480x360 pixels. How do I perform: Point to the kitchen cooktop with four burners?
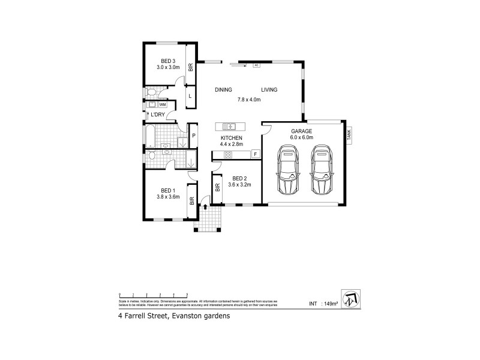click(229, 155)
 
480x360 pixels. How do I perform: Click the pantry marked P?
click(194, 136)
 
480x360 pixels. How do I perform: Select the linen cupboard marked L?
click(190, 95)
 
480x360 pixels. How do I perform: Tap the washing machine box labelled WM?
click(163, 104)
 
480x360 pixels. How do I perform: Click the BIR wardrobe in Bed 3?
click(190, 68)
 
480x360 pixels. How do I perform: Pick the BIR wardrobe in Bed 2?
click(216, 187)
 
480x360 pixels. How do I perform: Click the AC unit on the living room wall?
click(256, 65)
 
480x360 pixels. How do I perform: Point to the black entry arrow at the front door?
click(206, 206)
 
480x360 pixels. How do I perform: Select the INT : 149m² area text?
click(323, 304)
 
